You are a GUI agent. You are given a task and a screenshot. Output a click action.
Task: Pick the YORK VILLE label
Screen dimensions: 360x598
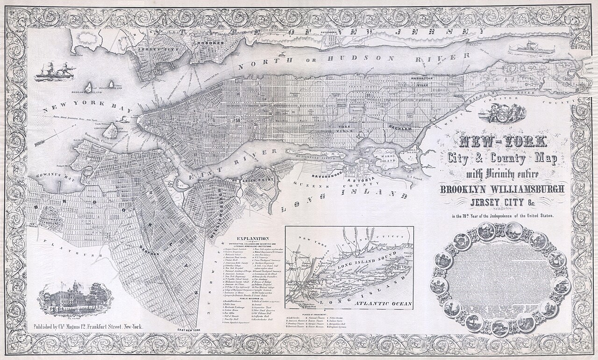pos(346,129)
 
